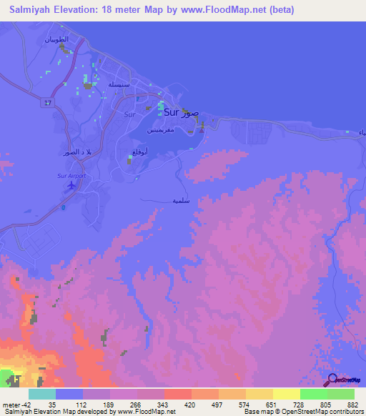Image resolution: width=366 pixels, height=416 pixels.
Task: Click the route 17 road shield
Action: click(48, 103)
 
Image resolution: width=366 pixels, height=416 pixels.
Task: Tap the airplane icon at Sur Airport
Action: click(71, 186)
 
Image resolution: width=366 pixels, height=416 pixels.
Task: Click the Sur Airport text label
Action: click(71, 175)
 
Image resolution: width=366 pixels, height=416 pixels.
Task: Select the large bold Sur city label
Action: click(172, 112)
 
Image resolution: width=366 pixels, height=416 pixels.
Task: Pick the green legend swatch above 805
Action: click(313, 394)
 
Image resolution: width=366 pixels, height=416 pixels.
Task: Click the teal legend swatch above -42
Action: click(41, 394)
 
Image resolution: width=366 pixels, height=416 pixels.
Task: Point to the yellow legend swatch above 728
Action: click(286, 394)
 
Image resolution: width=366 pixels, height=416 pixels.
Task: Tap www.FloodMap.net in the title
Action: click(218, 10)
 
